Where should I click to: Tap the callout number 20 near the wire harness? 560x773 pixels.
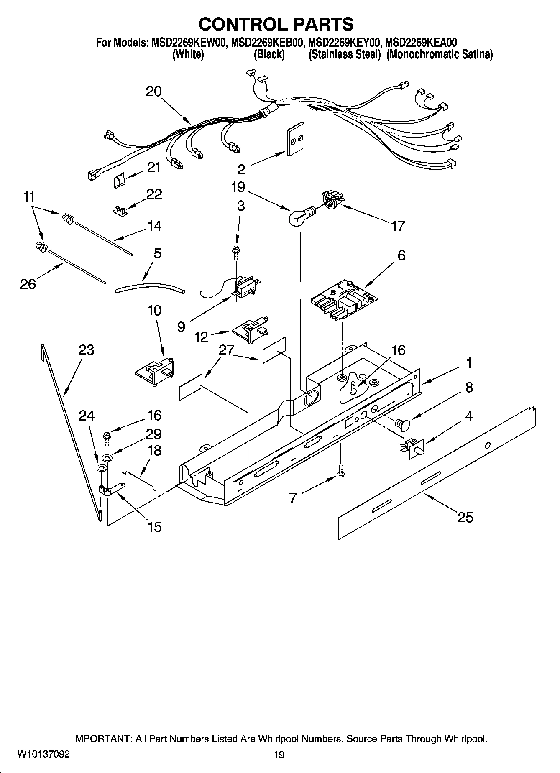(153, 92)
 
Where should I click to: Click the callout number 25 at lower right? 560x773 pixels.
(465, 518)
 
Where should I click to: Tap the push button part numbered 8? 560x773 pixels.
(402, 425)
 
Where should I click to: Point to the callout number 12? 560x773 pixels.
(201, 337)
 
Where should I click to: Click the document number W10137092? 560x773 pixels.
(43, 754)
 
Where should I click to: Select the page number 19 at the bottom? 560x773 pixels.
(279, 755)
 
